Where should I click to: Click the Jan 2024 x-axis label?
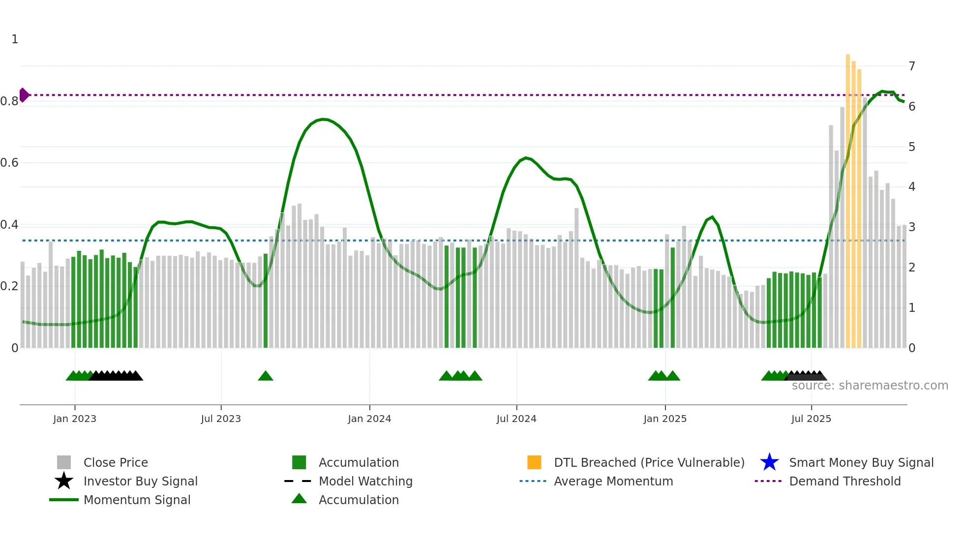point(369,419)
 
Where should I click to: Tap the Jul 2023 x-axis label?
point(221,419)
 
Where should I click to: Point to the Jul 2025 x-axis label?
point(811,419)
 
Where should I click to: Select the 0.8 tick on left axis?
point(9,101)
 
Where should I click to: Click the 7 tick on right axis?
point(912,66)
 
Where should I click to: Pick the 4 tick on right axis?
point(912,187)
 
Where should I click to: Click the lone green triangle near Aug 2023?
point(266,376)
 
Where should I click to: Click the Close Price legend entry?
point(116,462)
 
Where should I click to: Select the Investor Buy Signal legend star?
point(64,481)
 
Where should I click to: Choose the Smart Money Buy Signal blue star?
point(769,462)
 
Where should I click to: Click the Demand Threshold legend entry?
point(844,481)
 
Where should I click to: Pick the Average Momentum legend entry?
point(613,481)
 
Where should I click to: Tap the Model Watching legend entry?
point(365,481)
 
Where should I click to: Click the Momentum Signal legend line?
point(64,500)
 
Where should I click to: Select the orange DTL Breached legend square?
point(534,462)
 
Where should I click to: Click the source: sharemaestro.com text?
point(870,386)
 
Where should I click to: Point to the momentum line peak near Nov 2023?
point(323,119)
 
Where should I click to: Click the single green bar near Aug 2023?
point(266,300)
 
